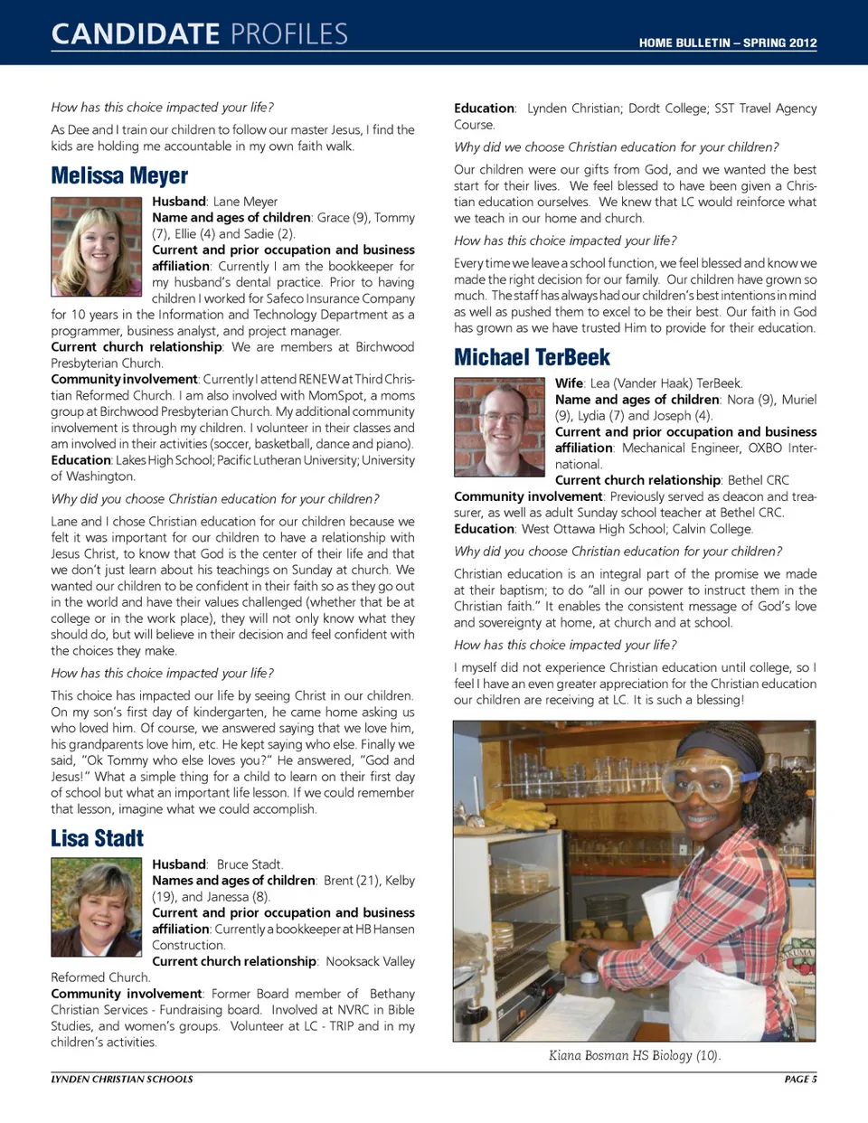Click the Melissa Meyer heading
tap(119, 175)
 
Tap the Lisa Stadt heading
tap(97, 838)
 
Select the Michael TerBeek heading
tap(532, 357)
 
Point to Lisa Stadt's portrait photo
tap(97, 907)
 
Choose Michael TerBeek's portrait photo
tap(500, 427)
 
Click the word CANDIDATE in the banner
tap(136, 34)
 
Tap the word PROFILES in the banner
tap(288, 34)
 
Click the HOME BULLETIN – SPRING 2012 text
tap(727, 42)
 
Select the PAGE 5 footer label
tap(800, 1079)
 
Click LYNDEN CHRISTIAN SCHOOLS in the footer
tap(122, 1079)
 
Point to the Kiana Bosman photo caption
tap(634, 1055)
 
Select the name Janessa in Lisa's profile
tap(227, 897)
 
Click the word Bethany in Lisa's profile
tap(392, 994)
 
